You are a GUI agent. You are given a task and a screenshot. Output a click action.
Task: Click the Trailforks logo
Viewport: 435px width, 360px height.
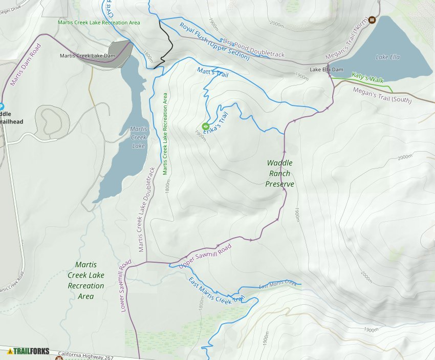28,351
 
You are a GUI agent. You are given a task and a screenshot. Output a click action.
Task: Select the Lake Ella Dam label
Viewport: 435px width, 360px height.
326,70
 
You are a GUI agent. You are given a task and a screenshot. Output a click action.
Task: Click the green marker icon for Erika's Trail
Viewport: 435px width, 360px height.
206,126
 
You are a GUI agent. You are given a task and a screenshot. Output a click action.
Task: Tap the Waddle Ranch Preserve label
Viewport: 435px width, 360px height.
280,173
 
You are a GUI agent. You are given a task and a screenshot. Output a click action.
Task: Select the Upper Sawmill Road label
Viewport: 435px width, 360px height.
205,254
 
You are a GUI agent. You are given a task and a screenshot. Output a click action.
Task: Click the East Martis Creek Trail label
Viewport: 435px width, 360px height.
216,291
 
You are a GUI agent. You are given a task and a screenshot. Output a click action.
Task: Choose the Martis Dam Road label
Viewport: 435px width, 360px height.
25,65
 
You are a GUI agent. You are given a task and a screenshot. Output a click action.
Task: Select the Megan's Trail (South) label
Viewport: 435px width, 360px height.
382,95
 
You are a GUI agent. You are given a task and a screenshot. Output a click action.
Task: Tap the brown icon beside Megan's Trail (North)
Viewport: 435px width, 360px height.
372,20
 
